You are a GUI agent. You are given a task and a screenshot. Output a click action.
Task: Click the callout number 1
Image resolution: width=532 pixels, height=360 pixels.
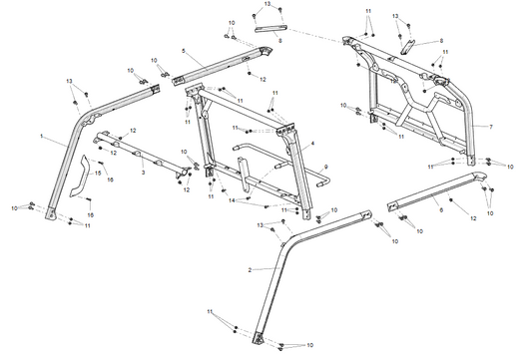tap(41, 133)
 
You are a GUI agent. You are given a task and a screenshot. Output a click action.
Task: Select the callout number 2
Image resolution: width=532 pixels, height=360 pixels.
tap(249, 269)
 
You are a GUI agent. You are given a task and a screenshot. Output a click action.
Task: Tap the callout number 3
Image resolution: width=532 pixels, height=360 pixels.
tap(143, 173)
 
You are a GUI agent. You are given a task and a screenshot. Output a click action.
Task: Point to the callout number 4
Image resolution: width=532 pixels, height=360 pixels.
tap(311, 145)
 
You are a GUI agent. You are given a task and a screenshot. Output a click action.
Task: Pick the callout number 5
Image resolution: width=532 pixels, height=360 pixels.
tap(184, 50)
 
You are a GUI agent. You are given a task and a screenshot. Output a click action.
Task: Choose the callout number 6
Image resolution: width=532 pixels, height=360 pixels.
tap(440, 211)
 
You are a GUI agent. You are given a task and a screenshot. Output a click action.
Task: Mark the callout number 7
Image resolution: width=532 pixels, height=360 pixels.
tap(490, 128)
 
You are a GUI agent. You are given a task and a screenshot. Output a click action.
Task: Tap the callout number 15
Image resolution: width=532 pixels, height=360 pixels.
tap(97, 174)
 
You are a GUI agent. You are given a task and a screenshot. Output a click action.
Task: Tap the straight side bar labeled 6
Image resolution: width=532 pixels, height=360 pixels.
tap(439, 194)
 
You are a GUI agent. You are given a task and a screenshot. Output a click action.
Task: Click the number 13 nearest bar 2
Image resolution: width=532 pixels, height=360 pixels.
tap(261, 227)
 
